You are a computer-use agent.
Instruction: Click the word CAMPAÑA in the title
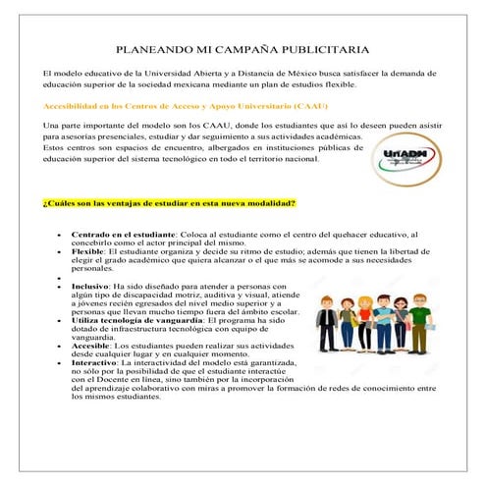(253, 48)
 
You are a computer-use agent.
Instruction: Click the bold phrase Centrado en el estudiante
(124, 234)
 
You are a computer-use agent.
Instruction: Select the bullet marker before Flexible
(60, 251)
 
